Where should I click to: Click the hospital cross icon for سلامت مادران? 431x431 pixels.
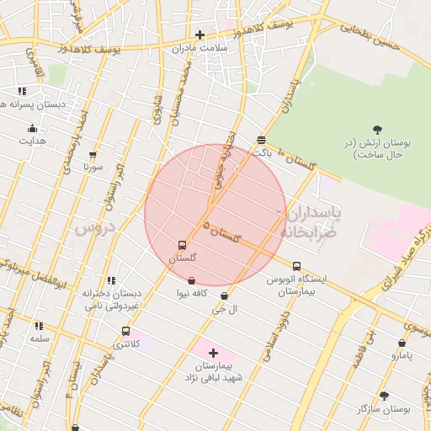(x=200, y=35)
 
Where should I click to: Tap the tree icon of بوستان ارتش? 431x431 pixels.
(x=376, y=129)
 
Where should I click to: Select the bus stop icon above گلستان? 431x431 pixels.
(x=182, y=245)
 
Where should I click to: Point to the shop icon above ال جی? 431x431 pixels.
(x=224, y=296)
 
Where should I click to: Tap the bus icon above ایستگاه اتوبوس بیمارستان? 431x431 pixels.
(x=295, y=266)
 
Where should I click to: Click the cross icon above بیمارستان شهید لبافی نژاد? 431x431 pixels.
(x=213, y=353)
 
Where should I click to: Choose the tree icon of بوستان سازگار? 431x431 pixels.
(x=384, y=395)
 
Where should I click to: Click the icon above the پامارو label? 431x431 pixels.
(x=402, y=343)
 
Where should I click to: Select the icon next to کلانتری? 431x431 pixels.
(x=125, y=331)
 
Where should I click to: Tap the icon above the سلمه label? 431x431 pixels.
(x=39, y=325)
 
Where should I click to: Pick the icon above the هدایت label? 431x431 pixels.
(x=32, y=128)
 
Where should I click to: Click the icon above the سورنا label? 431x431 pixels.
(x=93, y=154)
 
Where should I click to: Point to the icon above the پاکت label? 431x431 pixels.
(x=262, y=140)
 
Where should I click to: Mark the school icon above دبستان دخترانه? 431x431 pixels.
(x=110, y=280)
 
